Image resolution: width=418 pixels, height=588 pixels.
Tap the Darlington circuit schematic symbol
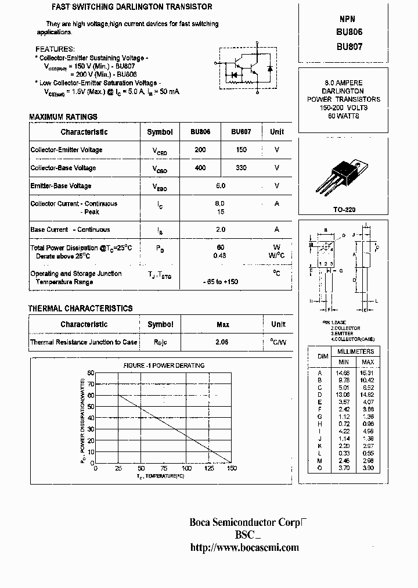(x=246, y=69)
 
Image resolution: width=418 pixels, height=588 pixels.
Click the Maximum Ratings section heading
(x=63, y=117)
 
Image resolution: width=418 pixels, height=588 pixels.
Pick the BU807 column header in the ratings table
(x=241, y=132)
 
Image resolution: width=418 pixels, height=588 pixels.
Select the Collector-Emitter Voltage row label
(x=66, y=150)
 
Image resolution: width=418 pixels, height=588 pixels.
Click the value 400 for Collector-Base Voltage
(x=200, y=168)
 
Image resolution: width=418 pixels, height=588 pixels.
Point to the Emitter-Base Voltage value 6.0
(x=220, y=186)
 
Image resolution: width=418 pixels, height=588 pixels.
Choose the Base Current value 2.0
(x=220, y=230)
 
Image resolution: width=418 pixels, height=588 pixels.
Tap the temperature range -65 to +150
(x=221, y=282)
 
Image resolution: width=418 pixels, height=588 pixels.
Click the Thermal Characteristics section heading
(x=81, y=309)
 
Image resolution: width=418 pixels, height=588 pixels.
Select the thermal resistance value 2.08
(x=222, y=342)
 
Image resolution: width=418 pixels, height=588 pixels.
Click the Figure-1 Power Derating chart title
(x=164, y=365)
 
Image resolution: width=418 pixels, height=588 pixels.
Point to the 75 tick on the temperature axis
(x=163, y=468)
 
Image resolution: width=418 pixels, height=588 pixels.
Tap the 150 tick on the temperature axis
(x=232, y=468)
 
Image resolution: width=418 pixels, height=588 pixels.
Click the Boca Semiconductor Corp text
(x=246, y=522)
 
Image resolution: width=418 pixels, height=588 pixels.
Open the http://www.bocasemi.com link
(x=244, y=547)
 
